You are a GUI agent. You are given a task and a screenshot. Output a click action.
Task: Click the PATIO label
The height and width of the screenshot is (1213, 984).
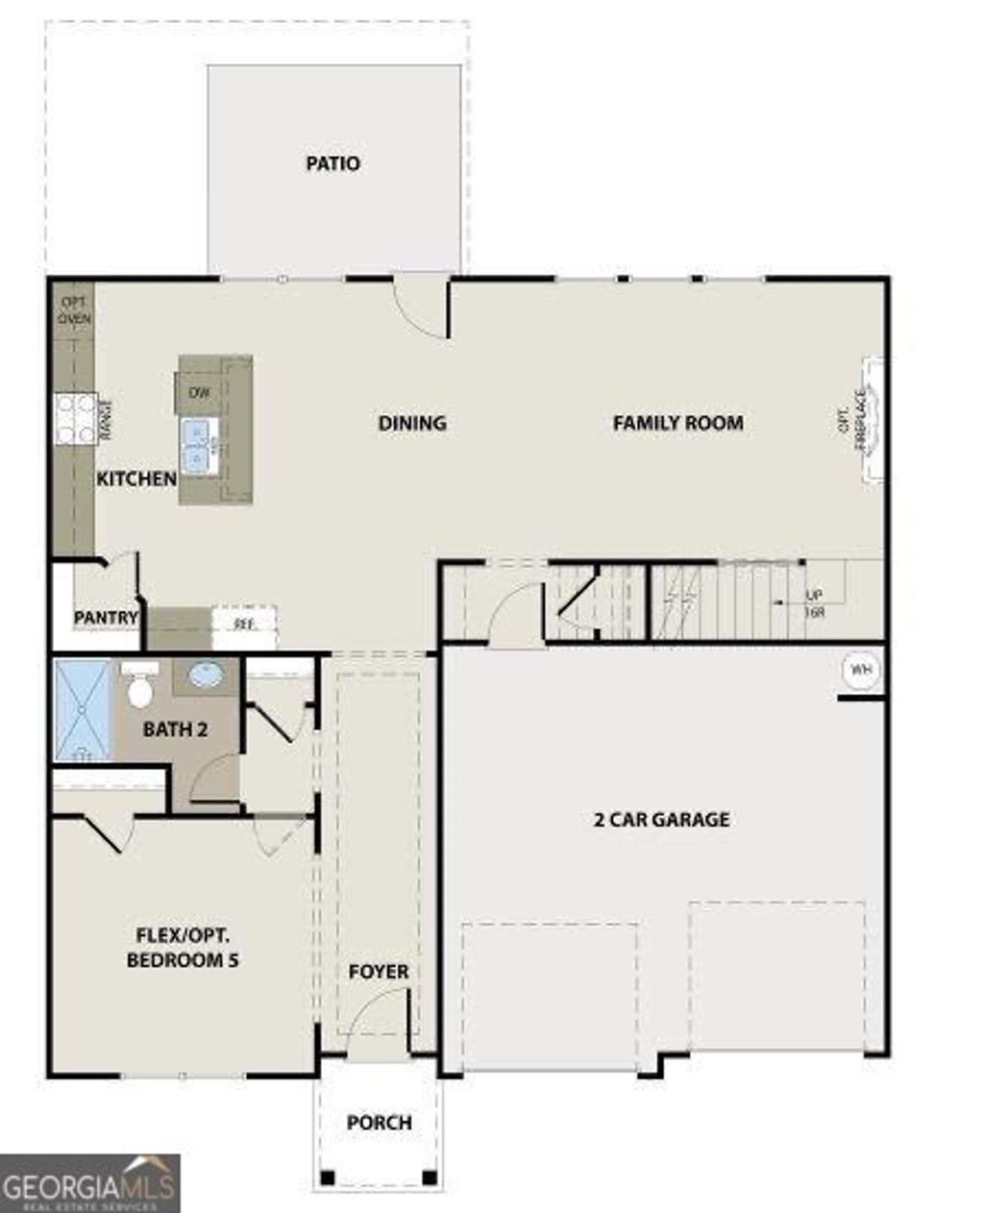[x=332, y=163]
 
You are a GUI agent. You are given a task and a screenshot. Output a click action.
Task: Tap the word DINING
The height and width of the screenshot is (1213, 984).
[x=412, y=423]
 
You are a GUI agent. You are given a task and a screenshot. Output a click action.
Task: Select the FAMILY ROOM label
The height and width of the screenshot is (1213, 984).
[x=677, y=423]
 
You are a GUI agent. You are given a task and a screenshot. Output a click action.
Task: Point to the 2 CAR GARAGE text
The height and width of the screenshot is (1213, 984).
[x=661, y=820]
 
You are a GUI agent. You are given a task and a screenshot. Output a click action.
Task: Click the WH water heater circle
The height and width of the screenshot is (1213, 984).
[x=861, y=670]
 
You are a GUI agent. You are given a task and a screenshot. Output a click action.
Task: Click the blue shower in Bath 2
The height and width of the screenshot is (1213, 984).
[x=84, y=710]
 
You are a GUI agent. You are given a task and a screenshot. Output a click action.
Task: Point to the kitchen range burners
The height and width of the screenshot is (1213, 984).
[x=75, y=420]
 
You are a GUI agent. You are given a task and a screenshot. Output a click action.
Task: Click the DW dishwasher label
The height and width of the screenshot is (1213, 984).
[x=199, y=392]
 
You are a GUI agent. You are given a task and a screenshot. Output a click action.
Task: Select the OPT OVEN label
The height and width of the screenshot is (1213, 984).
[x=74, y=309]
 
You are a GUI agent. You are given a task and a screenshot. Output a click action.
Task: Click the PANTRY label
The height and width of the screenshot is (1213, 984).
[x=106, y=617]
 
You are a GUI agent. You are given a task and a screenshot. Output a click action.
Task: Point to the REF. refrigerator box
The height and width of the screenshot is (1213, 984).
[x=245, y=625]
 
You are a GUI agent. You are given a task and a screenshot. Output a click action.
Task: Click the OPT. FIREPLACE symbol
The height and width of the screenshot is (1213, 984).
[x=872, y=419]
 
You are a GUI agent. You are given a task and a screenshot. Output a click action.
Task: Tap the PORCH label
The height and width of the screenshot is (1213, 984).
[x=379, y=1123]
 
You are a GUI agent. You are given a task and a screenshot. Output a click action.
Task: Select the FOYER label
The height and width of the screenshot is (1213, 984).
[x=378, y=972]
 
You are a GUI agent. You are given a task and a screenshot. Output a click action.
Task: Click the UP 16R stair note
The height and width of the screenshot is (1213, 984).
[x=814, y=603]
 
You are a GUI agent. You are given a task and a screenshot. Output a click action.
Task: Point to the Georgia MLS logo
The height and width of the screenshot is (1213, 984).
[x=89, y=1183]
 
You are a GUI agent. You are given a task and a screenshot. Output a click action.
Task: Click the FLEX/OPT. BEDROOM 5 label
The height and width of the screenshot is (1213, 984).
[x=183, y=948]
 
